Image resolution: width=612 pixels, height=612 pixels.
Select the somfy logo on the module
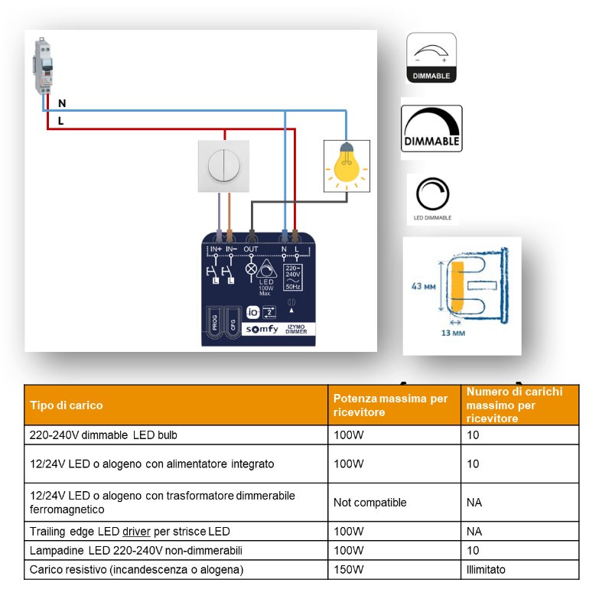262,329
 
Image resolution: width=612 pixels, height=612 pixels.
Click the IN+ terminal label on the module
216,249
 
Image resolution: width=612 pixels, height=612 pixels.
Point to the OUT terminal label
251,249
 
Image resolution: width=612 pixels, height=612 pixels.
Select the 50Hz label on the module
293,287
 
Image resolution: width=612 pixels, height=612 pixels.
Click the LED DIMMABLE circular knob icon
432,194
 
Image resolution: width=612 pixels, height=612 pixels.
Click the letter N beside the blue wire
62,103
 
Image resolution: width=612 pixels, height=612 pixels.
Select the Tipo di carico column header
66,405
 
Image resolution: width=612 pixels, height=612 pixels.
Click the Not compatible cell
369,503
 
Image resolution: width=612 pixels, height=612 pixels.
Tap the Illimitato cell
486,570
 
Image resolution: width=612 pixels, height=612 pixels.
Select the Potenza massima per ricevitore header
391,405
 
